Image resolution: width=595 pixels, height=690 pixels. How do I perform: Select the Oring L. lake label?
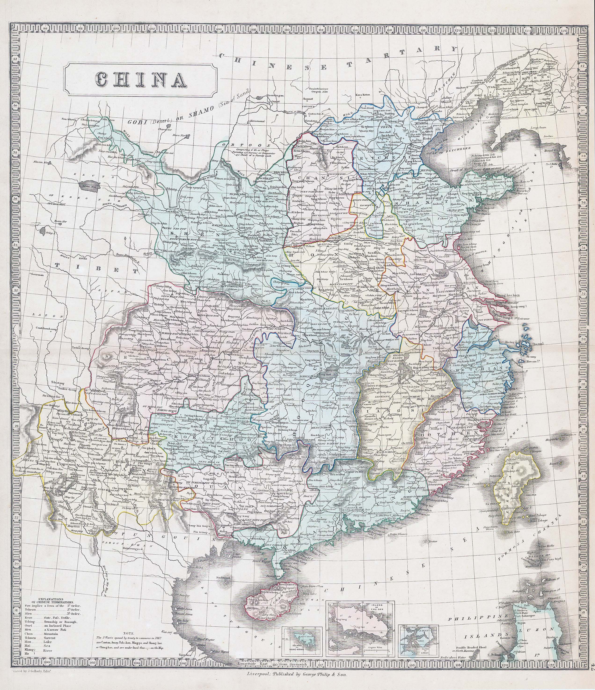[x=50, y=233]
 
